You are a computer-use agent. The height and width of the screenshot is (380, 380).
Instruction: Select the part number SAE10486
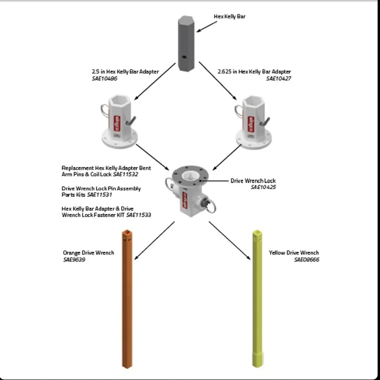tap(104, 79)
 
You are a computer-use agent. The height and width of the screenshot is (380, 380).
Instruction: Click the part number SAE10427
tap(279, 79)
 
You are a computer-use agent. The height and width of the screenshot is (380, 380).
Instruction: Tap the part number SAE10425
tap(263, 187)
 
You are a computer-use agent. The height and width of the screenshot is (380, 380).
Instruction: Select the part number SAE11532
tap(125, 174)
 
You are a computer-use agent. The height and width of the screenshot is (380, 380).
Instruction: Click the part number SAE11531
tap(100, 195)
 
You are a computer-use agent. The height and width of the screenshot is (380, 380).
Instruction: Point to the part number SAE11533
tap(139, 215)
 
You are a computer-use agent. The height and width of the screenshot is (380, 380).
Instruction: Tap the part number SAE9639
tap(74, 260)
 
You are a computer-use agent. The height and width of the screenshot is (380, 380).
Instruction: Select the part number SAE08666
tap(306, 260)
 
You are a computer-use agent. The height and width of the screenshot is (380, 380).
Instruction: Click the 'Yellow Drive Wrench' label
tap(294, 253)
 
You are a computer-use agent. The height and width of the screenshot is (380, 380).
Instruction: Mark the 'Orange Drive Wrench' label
tap(88, 253)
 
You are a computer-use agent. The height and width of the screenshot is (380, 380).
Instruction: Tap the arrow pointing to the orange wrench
tap(154, 241)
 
